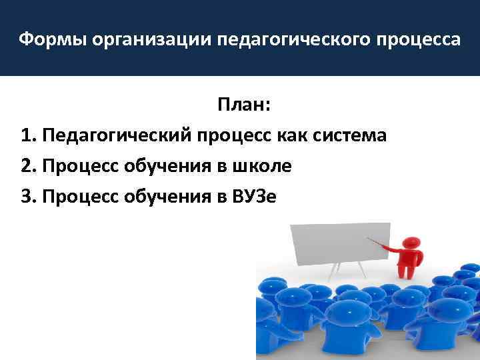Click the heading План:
click(x=243, y=105)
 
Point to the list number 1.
click(x=27, y=136)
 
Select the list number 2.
click(x=27, y=167)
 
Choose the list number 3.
click(x=27, y=197)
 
